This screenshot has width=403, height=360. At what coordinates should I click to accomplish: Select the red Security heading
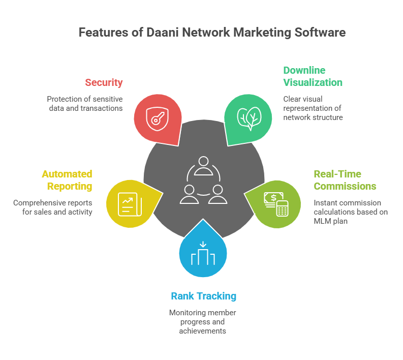pyautogui.click(x=104, y=82)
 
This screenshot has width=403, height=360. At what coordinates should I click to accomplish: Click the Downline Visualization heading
pyautogui.click(x=312, y=76)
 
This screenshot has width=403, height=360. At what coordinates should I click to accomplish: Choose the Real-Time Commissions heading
pyautogui.click(x=345, y=180)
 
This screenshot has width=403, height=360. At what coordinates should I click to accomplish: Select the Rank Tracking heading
pyautogui.click(x=203, y=296)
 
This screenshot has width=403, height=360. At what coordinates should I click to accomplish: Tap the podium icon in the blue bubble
pyautogui.click(x=203, y=255)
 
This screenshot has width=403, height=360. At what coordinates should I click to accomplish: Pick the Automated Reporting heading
pyautogui.click(x=67, y=180)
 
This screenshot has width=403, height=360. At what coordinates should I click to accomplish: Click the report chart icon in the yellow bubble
pyautogui.click(x=129, y=203)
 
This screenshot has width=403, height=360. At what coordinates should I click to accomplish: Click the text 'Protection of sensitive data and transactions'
pyautogui.click(x=85, y=103)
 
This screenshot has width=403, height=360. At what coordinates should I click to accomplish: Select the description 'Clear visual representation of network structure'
pyautogui.click(x=313, y=108)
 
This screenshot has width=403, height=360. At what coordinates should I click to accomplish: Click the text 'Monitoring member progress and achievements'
pyautogui.click(x=202, y=321)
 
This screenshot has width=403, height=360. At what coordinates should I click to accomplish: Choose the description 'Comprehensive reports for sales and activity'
pyautogui.click(x=53, y=207)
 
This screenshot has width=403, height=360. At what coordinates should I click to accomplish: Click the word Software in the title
pyautogui.click(x=320, y=33)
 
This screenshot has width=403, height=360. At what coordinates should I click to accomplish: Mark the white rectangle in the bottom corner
pyautogui.click(x=362, y=346)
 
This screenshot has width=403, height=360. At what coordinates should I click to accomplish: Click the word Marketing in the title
pyautogui.click(x=260, y=33)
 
